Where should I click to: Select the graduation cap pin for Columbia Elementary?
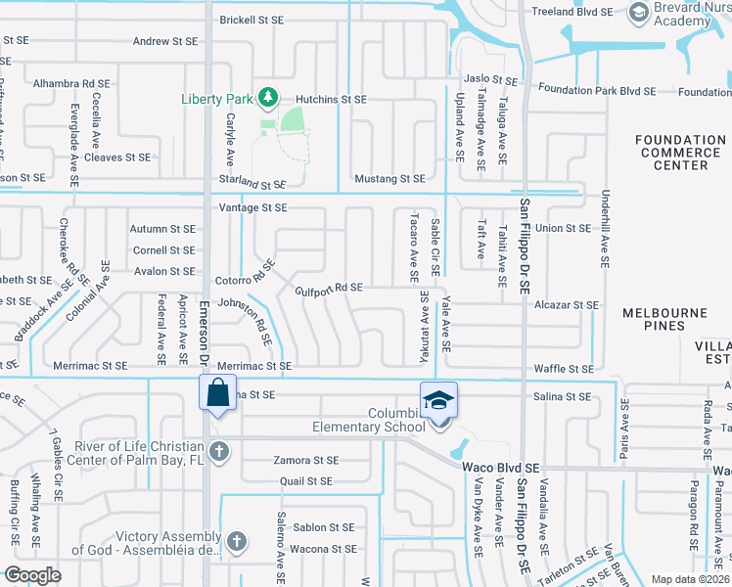coord(439,399)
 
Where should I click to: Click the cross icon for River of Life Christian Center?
coord(220,452)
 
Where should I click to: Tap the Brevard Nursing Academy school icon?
coord(640,12)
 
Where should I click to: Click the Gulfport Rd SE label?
coord(330,288)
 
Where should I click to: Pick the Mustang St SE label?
coord(389,179)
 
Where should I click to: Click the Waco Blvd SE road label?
coord(501,469)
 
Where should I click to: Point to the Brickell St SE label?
coord(251,20)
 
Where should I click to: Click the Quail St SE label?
coord(305,481)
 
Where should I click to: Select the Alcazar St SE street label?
coord(567,305)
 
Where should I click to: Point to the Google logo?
coord(32,574)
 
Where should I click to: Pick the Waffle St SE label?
coord(567,369)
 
